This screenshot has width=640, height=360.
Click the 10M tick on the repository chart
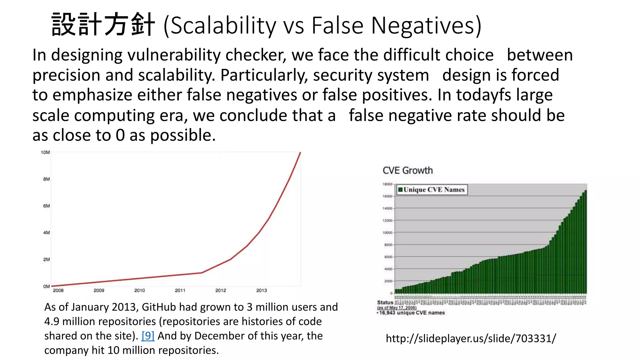tap(45, 152)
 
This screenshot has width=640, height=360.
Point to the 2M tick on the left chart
tap(46, 259)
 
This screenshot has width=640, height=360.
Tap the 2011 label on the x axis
tap(180, 290)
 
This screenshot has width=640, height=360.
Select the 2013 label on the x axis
tap(262, 290)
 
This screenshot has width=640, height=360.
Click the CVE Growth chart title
tap(407, 171)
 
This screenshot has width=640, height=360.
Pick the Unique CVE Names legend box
tap(432, 190)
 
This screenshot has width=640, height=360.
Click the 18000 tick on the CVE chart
tap(387, 184)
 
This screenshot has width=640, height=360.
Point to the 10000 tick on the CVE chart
tap(387, 233)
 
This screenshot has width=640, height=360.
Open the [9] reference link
tap(148, 336)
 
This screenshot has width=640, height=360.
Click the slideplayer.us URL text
tap(471, 338)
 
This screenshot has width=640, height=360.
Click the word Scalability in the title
tap(223, 26)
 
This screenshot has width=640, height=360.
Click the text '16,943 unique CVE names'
tap(412, 313)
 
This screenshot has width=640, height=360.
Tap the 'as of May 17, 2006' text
tap(397, 308)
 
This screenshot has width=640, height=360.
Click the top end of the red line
tap(300, 153)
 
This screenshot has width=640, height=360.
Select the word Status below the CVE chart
tap(385, 302)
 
